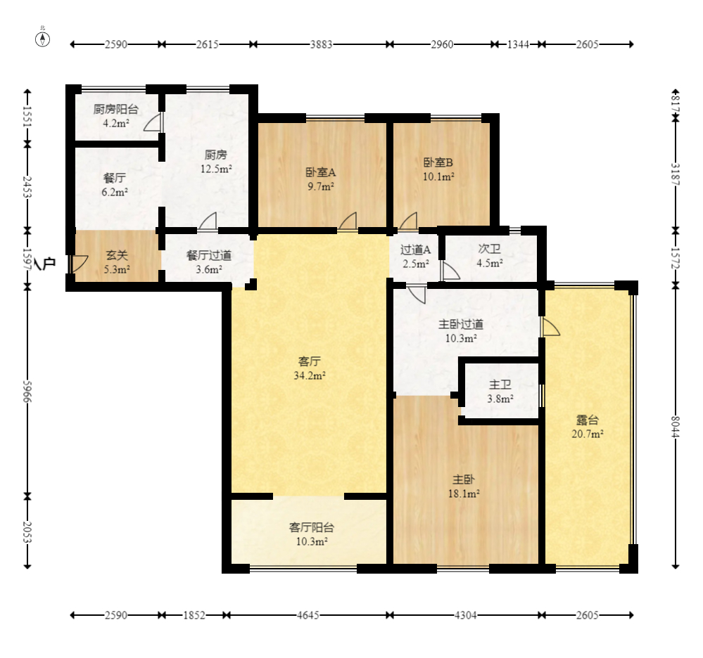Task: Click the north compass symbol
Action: click(43, 39)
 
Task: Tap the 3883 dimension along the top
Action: click(322, 44)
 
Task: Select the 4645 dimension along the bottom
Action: click(308, 615)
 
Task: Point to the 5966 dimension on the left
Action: click(27, 392)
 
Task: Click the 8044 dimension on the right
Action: click(676, 427)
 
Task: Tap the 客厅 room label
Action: click(310, 361)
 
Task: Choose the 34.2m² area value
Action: click(310, 375)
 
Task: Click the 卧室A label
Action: click(321, 172)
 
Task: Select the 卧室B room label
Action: click(438, 162)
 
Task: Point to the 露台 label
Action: click(588, 420)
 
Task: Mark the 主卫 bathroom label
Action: click(500, 385)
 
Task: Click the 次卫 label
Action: click(489, 249)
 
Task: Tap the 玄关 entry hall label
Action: click(117, 255)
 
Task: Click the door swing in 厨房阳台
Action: click(153, 122)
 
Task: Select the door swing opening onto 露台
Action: click(550, 327)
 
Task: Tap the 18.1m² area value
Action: click(464, 493)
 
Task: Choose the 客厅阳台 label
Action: click(312, 527)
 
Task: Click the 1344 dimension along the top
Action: click(518, 44)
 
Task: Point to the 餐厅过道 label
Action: click(209, 255)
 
